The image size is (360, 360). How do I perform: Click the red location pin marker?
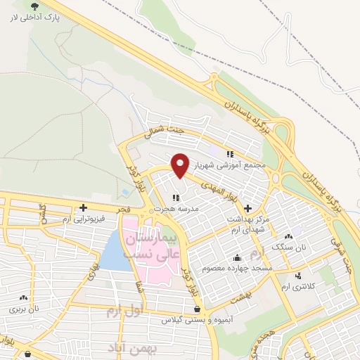coord(181,165)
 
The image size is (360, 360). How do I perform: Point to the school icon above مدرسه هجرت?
coord(175,198)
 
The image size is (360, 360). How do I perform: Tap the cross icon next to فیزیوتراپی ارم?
coord(84,207)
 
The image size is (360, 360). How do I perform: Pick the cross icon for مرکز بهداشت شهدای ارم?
coord(247,208)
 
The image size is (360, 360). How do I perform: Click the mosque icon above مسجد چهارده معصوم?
coord(237,257)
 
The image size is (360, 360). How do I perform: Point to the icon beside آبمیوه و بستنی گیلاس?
coord(195,309)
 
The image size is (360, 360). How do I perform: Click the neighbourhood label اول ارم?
coord(127,310)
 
